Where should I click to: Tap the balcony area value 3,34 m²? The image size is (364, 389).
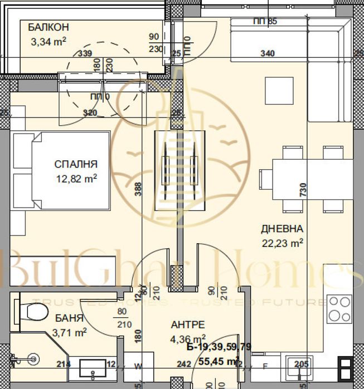[48, 40]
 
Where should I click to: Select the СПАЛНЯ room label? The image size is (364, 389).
[76, 164]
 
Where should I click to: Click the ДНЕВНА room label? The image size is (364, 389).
[282, 229]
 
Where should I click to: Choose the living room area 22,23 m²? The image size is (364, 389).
[282, 242]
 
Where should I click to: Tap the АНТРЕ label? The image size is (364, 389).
[188, 324]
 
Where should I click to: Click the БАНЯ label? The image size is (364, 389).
[70, 319]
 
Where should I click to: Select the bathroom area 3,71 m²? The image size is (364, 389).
[70, 333]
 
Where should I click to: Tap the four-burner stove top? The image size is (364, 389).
[339, 308]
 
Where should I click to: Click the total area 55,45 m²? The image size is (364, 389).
[219, 361]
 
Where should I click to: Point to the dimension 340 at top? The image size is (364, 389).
[268, 54]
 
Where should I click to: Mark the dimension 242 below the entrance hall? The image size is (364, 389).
[183, 365]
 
